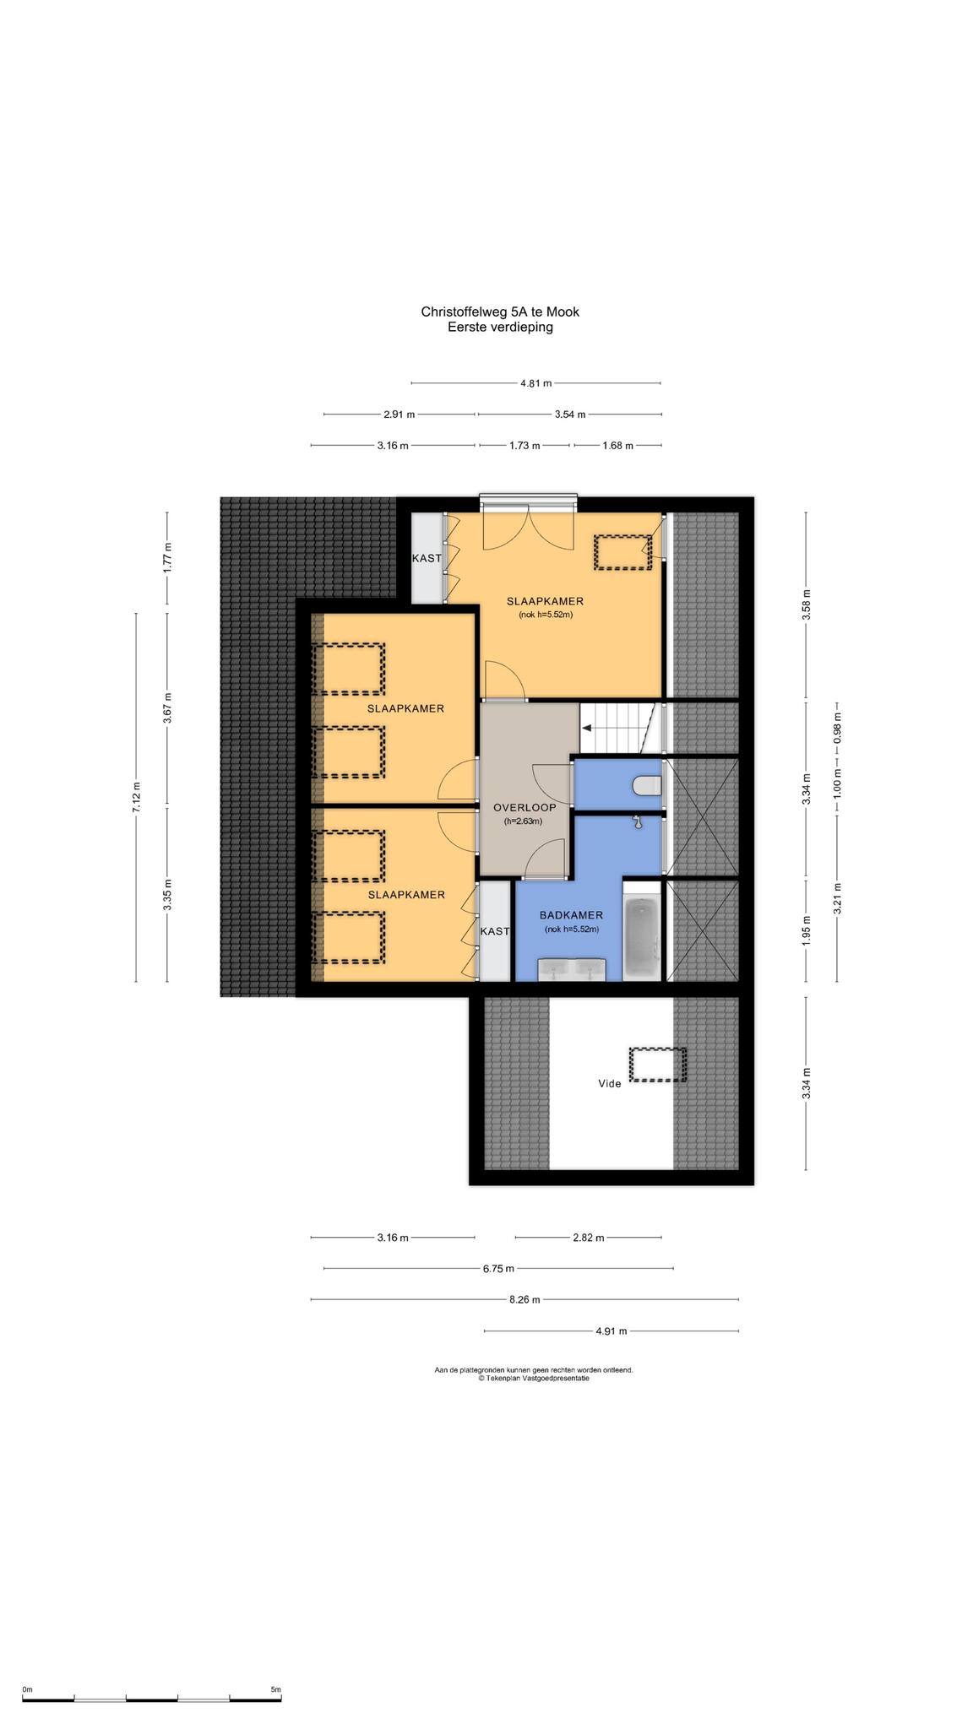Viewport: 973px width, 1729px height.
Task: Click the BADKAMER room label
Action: point(571,915)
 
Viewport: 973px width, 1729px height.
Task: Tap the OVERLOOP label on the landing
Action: point(525,807)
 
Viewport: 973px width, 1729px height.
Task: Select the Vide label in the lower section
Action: point(609,1083)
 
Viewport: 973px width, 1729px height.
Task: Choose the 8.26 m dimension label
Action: point(525,1299)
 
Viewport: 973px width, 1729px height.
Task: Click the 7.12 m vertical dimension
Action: point(136,797)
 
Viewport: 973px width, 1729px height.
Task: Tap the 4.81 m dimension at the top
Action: point(535,383)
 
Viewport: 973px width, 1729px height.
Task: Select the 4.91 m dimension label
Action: point(612,1331)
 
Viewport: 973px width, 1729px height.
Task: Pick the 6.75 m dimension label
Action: point(498,1268)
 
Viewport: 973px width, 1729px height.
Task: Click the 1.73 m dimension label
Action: point(525,446)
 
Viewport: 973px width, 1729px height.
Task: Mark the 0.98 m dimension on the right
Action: point(837,729)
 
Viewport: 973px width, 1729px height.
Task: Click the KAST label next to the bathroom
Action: point(495,931)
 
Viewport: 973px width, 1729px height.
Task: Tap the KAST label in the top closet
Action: point(427,558)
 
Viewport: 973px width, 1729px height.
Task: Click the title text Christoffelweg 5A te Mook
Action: point(500,312)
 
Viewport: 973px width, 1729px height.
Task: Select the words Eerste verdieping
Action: point(500,328)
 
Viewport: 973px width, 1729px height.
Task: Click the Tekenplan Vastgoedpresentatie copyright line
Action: point(533,1378)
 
